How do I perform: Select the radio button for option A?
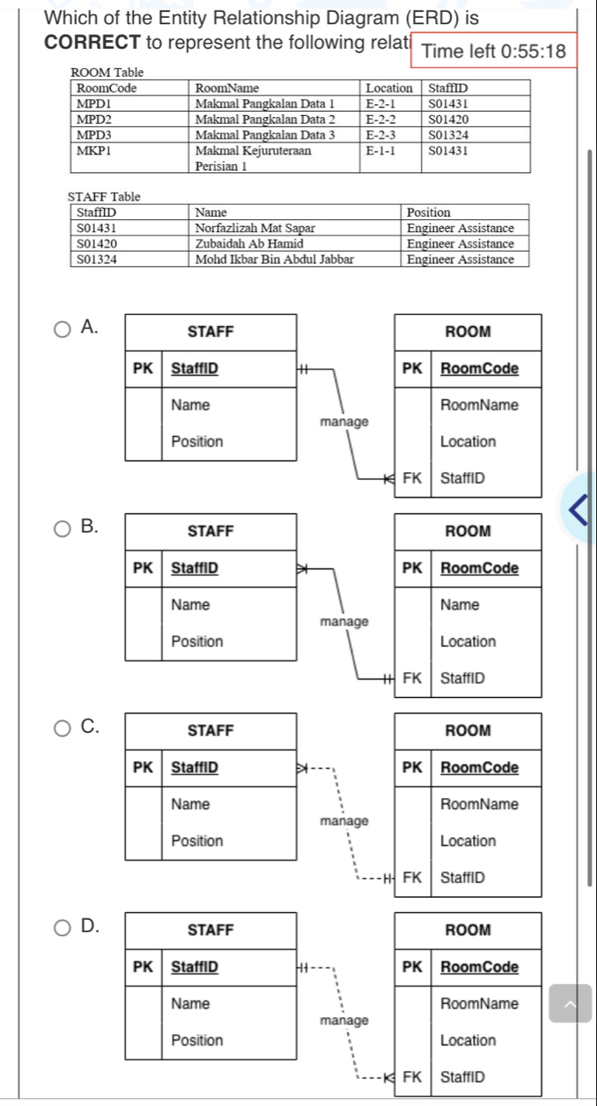coord(63,329)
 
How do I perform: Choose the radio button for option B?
coord(63,529)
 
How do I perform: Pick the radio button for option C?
coord(63,728)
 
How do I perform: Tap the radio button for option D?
coord(63,927)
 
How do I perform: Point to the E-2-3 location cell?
coord(382,135)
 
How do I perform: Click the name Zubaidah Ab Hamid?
coord(243,244)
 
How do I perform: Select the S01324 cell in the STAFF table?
coord(97,259)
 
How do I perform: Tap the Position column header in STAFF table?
coord(429,212)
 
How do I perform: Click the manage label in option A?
coord(344,422)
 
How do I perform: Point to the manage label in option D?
coord(344,1021)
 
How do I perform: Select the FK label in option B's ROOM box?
coord(413,678)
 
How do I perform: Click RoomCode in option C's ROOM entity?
coord(479,767)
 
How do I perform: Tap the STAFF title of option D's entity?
coord(210,929)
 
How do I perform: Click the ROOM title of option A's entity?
coord(468,331)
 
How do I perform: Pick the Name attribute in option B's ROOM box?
coord(459,605)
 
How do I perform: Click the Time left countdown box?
coord(494,51)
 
